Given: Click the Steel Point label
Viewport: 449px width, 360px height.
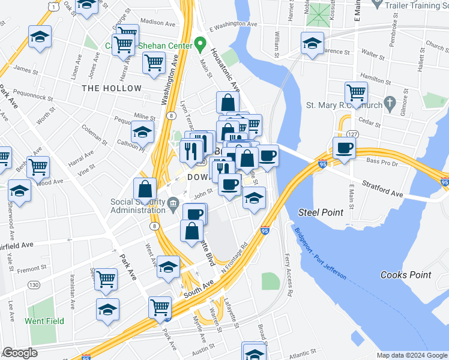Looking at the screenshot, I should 321,212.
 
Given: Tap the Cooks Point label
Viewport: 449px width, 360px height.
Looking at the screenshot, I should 406,275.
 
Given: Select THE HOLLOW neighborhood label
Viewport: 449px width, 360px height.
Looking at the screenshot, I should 112,88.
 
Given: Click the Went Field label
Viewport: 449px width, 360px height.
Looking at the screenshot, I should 44,321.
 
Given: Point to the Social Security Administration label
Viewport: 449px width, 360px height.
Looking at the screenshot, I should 138,205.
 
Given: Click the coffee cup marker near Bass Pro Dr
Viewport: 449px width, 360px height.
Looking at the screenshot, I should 345,148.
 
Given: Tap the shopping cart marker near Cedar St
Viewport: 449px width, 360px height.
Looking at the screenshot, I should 356,93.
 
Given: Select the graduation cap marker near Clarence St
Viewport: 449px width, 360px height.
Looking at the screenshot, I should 312,43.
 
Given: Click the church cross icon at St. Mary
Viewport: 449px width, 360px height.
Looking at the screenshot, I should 391,103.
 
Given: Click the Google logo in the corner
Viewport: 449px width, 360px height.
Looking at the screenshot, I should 20,353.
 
